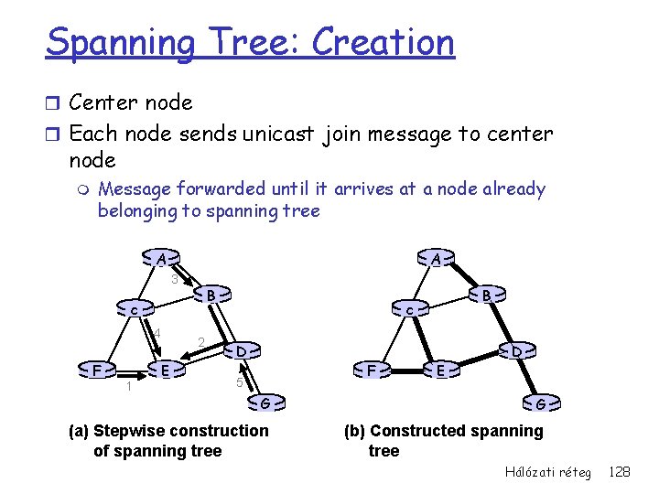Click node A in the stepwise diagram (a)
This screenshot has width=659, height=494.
pos(160,258)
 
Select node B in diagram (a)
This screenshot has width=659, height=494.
pos(211,295)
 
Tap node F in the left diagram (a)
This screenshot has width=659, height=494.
pos(96,370)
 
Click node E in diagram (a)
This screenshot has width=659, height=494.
pos(164,370)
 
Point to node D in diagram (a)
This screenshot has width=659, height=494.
pos(240,350)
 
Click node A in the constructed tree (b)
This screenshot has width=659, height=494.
pos(436,259)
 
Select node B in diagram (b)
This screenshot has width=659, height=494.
pos(488,295)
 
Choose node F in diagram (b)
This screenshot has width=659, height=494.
pos(372,370)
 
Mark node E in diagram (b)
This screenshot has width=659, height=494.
pos(440,370)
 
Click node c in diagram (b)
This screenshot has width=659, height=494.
pos(409,311)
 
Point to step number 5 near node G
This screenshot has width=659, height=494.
pos(238,382)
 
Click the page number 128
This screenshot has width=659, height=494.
pos(620,471)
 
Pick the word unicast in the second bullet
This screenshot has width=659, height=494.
pos(278,134)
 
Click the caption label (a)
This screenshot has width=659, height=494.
pos(80,431)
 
